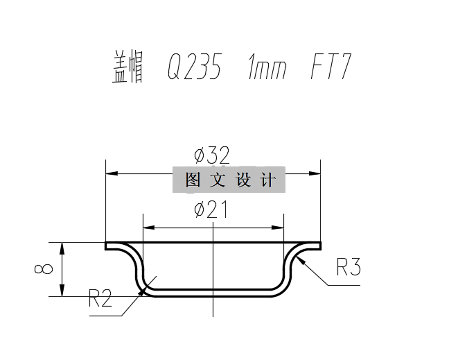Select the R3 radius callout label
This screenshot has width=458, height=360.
tap(348, 267)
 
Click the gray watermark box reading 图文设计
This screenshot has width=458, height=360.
tap(228, 180)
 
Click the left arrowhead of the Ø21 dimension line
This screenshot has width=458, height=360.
tap(147, 228)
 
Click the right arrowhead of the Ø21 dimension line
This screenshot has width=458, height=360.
tap(279, 228)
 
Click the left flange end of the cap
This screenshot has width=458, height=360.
tap(107, 246)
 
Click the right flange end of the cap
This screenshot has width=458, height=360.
tap(320, 246)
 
